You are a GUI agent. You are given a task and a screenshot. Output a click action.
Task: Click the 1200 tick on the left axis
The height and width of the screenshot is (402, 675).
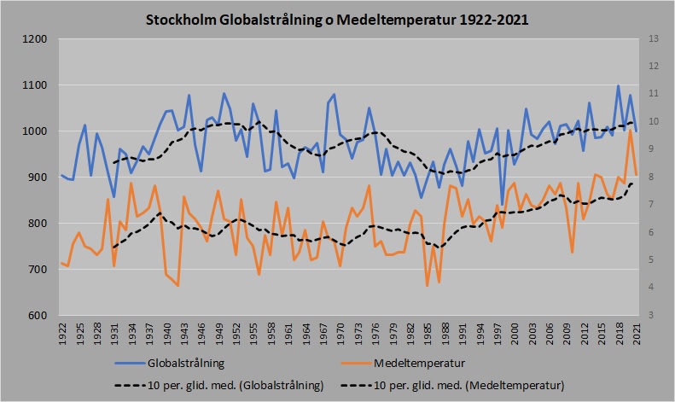(x=35, y=39)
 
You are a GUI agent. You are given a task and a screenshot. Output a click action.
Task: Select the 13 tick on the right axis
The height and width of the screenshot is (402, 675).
(x=655, y=39)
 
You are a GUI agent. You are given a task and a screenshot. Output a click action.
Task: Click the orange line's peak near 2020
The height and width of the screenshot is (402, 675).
(x=631, y=131)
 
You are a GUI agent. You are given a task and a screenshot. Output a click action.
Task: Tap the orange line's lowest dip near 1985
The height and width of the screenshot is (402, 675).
(x=427, y=285)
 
